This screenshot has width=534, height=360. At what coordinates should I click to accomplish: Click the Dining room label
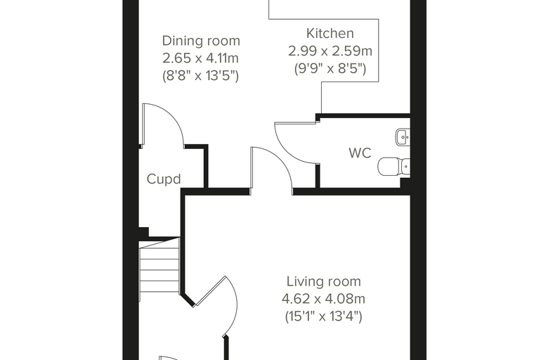point(201,41)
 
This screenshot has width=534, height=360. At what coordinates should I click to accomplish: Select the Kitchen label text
point(330,34)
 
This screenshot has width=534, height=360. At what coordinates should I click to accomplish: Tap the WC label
point(360,153)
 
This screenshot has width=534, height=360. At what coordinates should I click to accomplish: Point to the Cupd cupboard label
point(164,179)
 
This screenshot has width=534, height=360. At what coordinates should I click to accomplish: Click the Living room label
point(323,281)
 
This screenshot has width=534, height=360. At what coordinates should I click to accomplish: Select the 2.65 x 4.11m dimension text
point(200,58)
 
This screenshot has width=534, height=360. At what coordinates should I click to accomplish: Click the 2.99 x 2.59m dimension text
point(330,51)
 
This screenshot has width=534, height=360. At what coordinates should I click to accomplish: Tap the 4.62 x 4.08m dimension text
point(323,299)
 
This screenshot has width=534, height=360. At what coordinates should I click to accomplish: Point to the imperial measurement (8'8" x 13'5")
point(200,76)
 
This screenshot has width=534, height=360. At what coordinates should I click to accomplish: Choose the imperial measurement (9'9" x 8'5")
point(330,69)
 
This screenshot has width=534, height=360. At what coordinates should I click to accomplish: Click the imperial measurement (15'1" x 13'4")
point(323,316)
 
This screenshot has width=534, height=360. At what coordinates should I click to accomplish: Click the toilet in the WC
point(393,166)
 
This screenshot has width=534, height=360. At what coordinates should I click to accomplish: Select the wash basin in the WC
point(403,138)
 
